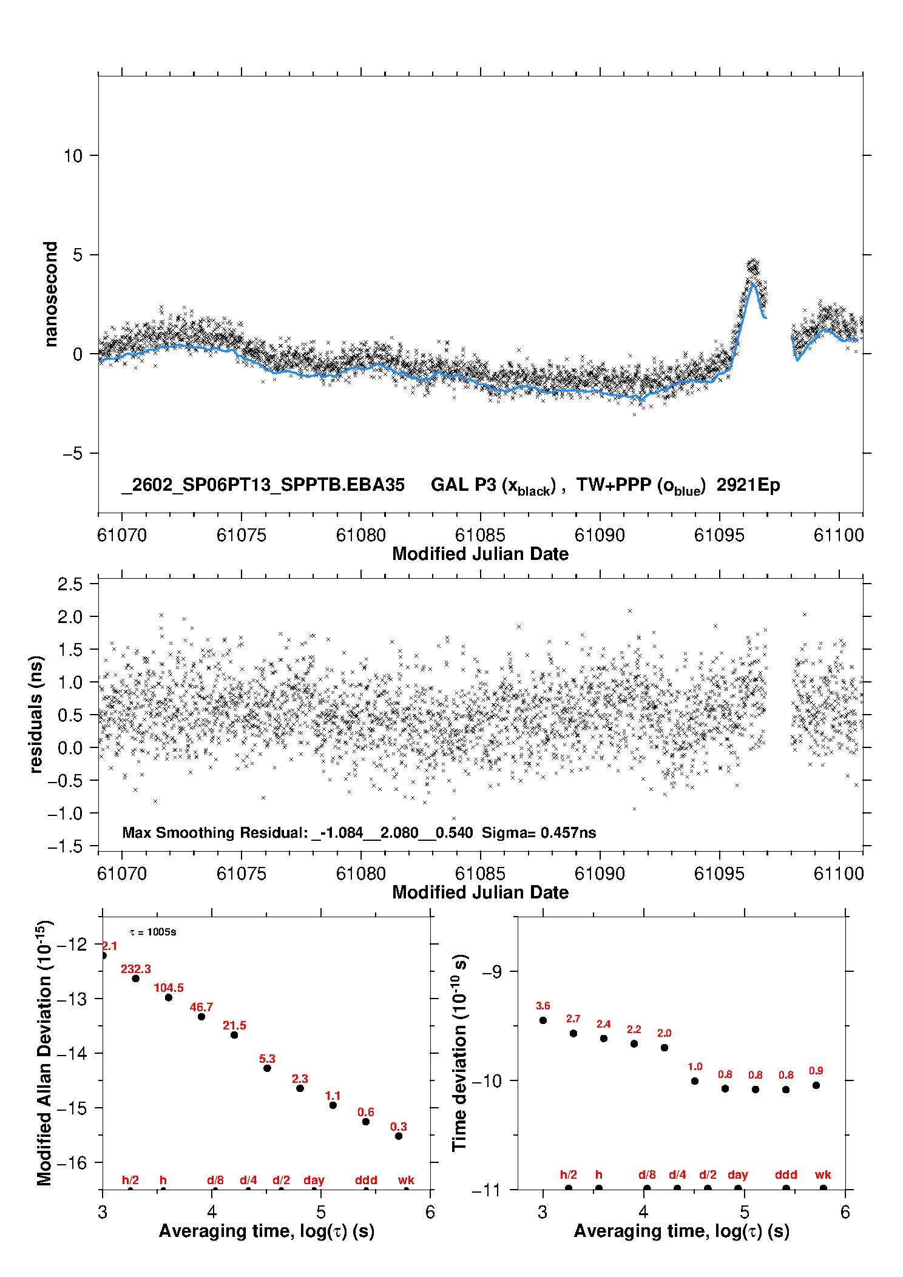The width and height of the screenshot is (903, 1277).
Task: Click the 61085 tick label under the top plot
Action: tap(480, 535)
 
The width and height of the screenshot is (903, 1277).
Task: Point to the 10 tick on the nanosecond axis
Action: tap(73, 156)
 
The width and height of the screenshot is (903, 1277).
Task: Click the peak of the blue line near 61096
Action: tap(752, 285)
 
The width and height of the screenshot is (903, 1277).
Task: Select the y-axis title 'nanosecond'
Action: tap(50, 294)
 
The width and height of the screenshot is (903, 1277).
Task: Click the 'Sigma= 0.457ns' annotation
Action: tap(539, 832)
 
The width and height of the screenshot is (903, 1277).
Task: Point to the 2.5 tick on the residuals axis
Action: tap(70, 584)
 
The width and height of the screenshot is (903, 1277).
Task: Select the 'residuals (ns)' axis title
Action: tap(36, 714)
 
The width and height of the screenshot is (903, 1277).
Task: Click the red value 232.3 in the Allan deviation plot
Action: tap(136, 969)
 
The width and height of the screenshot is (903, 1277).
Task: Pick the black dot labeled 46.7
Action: tap(201, 1016)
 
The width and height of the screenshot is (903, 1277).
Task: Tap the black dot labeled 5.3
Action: tap(267, 1068)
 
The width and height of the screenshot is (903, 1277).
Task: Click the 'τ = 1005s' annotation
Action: tap(153, 932)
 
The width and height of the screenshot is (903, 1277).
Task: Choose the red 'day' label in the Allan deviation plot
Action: tap(314, 1180)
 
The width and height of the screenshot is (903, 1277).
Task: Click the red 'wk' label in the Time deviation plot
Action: tap(823, 1174)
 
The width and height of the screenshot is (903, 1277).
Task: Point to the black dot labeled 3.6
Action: tap(543, 1020)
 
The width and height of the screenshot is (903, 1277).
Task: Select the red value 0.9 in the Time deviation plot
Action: tap(816, 1071)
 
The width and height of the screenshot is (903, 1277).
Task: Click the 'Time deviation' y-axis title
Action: tap(459, 1053)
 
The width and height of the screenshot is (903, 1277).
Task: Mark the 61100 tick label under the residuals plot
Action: tap(839, 874)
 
